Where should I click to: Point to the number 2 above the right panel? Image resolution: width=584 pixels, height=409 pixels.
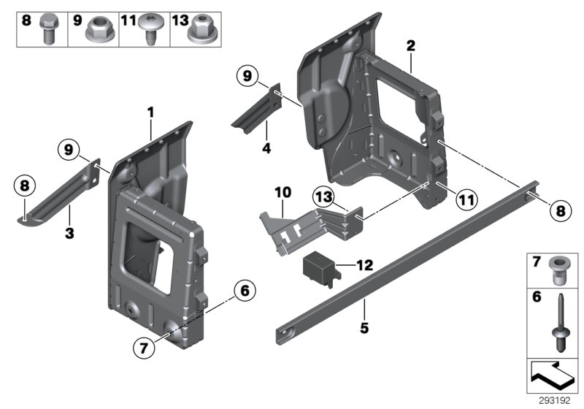[x=411, y=45]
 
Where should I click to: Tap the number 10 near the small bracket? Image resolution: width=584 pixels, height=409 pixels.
[x=283, y=192]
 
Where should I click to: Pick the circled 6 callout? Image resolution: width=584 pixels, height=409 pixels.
[x=245, y=291]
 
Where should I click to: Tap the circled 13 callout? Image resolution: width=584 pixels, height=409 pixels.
[x=323, y=196]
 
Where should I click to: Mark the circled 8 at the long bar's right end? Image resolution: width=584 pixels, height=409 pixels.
[x=559, y=210]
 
